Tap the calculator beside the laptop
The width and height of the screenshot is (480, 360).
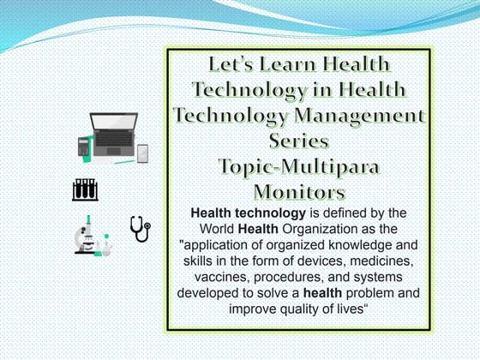point(84,146)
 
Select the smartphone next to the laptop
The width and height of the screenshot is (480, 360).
point(142,153)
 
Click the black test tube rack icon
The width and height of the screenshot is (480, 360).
point(85,189)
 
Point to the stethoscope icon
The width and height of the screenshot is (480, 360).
point(139,229)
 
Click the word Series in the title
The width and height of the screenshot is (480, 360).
point(298,139)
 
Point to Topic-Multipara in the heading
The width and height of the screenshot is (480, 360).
point(298,164)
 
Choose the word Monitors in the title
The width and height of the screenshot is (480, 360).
point(298,189)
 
